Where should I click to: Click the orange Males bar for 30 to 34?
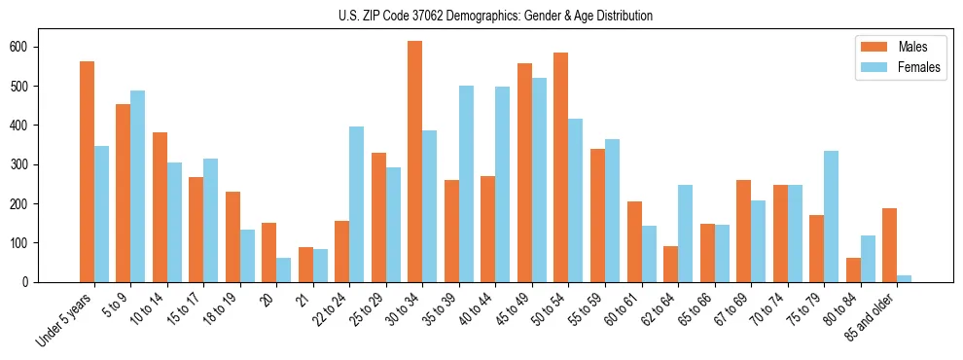tap(415, 162)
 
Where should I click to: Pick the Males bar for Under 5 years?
tap(88, 171)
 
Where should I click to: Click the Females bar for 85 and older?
tap(905, 278)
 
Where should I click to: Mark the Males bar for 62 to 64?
tap(670, 264)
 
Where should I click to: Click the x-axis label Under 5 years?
tap(65, 318)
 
